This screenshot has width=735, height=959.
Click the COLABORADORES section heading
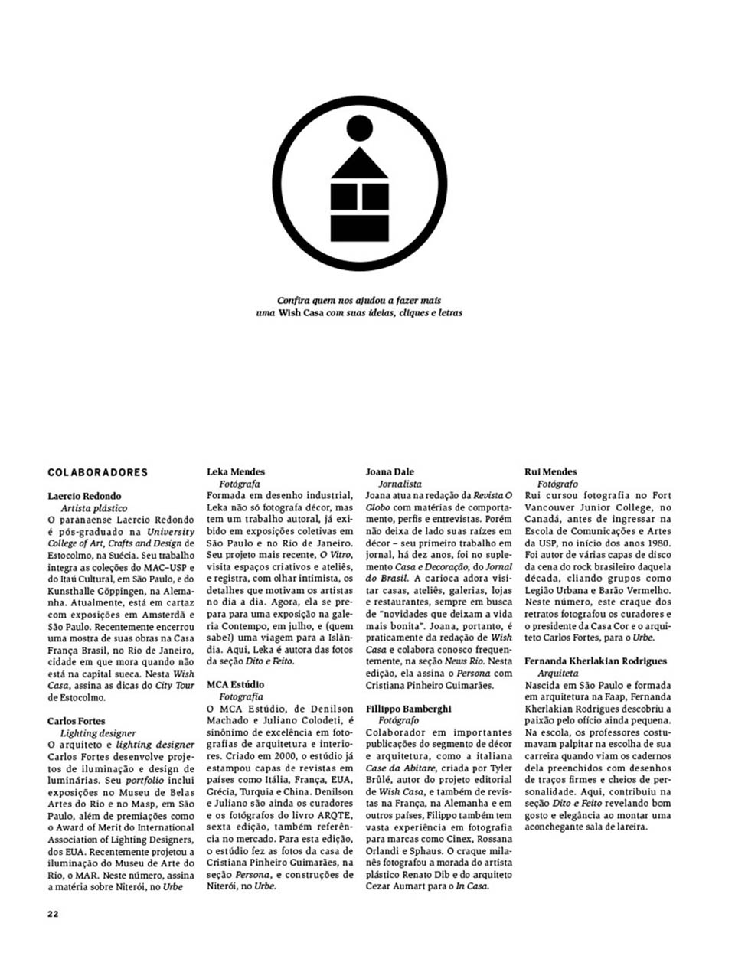click(97, 472)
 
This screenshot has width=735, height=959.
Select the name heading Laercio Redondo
click(84, 496)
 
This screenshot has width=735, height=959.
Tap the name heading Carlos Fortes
click(76, 721)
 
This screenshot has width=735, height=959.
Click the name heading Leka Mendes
click(236, 471)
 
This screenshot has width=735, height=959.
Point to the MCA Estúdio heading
click(236, 684)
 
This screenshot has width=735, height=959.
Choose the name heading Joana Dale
click(390, 471)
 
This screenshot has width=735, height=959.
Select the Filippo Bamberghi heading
click(408, 709)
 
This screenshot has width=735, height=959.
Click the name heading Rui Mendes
click(550, 471)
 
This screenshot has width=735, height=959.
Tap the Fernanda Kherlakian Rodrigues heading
click(596, 661)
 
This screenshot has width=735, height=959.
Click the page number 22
click(53, 913)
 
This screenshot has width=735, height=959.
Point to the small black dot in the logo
click(359, 129)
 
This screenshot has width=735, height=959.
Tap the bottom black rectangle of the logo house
click(359, 228)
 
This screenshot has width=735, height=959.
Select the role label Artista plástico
click(94, 507)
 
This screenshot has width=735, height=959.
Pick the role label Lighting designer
click(98, 732)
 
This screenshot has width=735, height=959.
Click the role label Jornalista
click(400, 484)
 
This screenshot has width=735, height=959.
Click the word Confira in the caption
click(292, 301)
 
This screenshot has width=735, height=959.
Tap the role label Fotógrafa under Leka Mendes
click(240, 484)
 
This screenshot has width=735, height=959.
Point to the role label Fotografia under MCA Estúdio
click(241, 696)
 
